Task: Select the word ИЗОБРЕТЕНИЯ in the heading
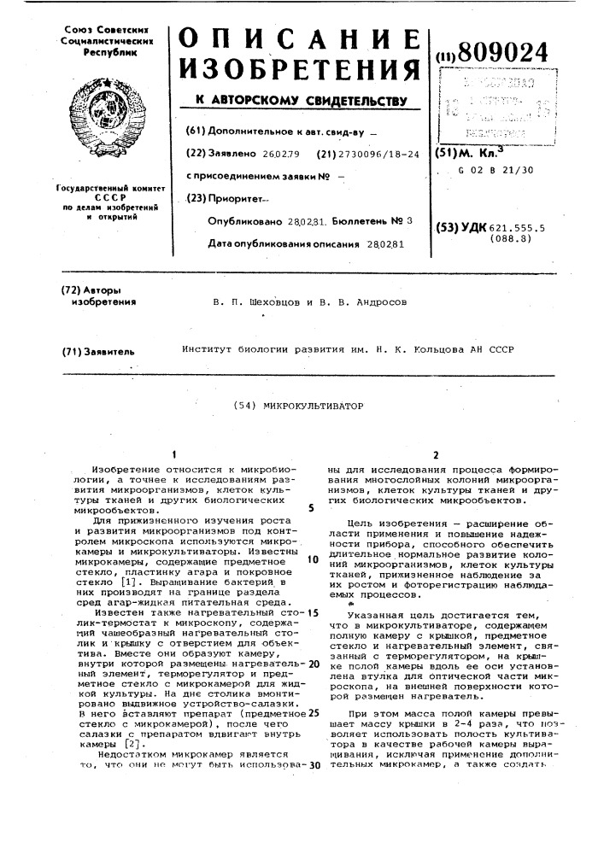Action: tap(296, 71)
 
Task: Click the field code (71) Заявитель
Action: tap(98, 350)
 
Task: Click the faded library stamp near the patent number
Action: tap(493, 102)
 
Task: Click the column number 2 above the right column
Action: tap(436, 455)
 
